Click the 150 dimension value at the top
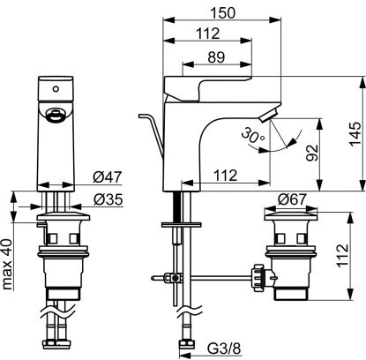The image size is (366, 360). pyautogui.click(x=223, y=13)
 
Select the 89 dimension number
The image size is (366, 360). pyautogui.click(x=216, y=57)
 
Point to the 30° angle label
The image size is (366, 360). pyautogui.click(x=253, y=136)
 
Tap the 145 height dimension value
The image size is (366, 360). pyautogui.click(x=355, y=133)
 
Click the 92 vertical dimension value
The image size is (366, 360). pyautogui.click(x=312, y=153)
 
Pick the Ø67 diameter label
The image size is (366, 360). pyautogui.click(x=292, y=199)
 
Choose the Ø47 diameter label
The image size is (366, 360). pyautogui.click(x=108, y=177)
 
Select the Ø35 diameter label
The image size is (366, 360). pyautogui.click(x=108, y=200)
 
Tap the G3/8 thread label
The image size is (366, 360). pyautogui.click(x=224, y=349)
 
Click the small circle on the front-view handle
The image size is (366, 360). pyautogui.click(x=55, y=88)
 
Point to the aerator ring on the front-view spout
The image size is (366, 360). pyautogui.click(x=55, y=115)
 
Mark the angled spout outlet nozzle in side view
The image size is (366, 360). pyautogui.click(x=268, y=115)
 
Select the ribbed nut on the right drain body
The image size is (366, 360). pyautogui.click(x=258, y=277)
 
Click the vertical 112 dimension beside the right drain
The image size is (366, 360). pyautogui.click(x=342, y=256)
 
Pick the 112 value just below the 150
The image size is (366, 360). pyautogui.click(x=208, y=34)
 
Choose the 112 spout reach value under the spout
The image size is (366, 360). pyautogui.click(x=225, y=176)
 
